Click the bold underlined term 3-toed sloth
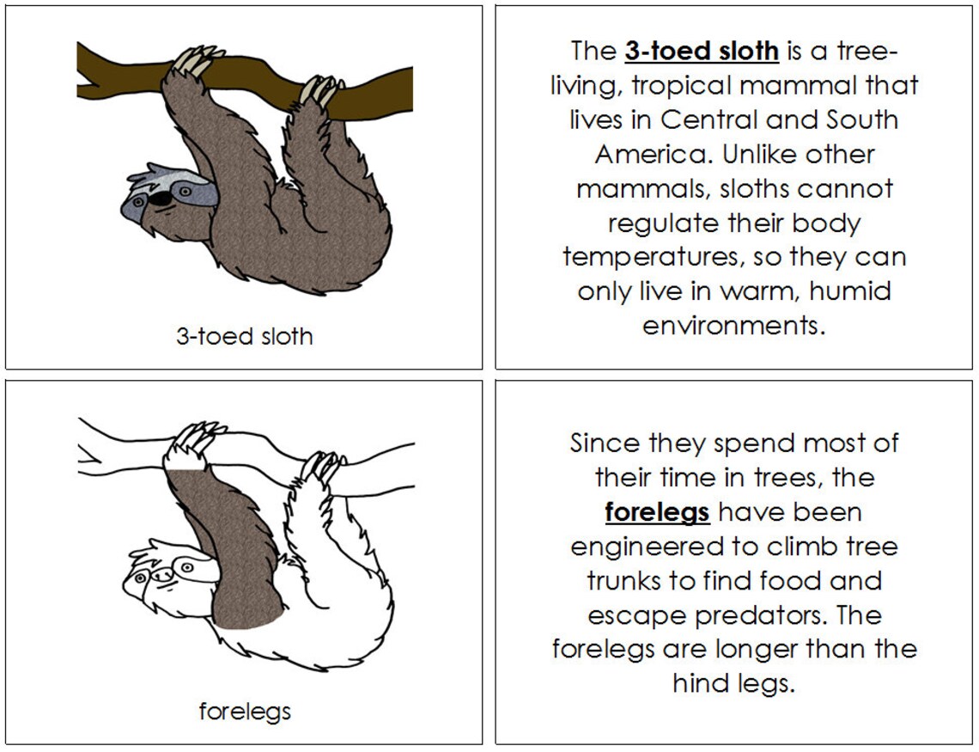tap(702, 52)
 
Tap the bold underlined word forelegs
tap(657, 512)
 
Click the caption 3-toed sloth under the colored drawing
tap(245, 336)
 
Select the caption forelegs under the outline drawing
tap(245, 712)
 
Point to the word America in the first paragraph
tap(653, 155)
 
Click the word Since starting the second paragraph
tap(605, 443)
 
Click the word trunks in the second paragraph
tap(626, 581)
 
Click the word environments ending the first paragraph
tap(733, 327)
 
